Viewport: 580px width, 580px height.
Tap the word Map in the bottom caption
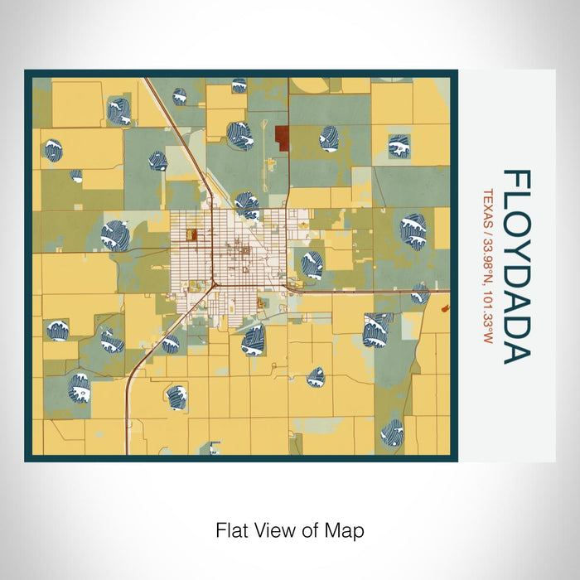coord(346,529)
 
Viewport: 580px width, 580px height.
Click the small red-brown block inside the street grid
coord(191,234)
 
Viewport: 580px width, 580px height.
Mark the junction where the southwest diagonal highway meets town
coord(213,283)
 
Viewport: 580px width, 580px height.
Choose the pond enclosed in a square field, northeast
coord(399,146)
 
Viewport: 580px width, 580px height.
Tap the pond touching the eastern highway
coord(420,293)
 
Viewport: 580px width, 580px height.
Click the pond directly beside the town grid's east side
coord(311,264)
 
